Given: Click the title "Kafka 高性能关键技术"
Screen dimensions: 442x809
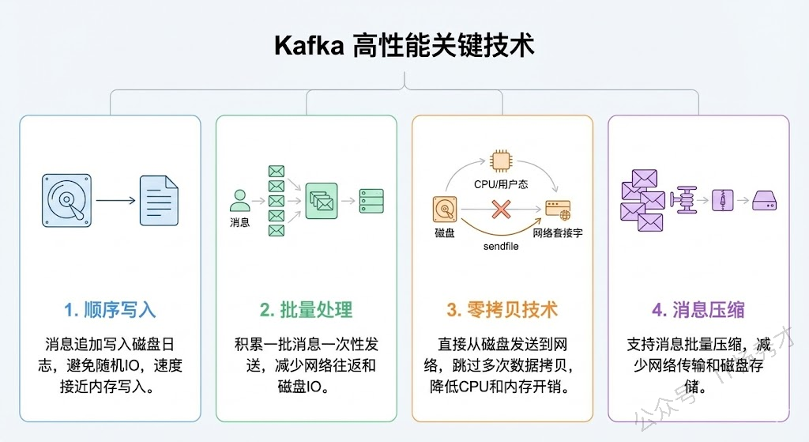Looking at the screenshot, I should coord(404,45).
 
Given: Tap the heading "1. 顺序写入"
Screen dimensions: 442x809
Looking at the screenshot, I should coord(110,309).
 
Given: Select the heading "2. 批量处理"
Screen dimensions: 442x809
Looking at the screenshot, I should coord(306,309).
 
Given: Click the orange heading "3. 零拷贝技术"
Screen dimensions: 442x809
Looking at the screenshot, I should coord(502,309).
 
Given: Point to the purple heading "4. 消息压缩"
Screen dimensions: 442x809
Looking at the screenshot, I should coord(698,309).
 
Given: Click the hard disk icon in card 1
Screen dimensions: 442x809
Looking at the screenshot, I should coord(66,199).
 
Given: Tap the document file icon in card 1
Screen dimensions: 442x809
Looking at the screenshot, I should coord(159,200).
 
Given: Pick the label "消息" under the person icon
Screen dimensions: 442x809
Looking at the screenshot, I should coord(240,223).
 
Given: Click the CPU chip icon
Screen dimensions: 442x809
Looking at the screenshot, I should coord(501,161).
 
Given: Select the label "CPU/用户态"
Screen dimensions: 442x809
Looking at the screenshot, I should coord(502,184).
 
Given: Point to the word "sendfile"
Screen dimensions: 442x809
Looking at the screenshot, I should coord(501,247).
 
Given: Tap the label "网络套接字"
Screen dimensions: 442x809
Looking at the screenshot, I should coord(558,233).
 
